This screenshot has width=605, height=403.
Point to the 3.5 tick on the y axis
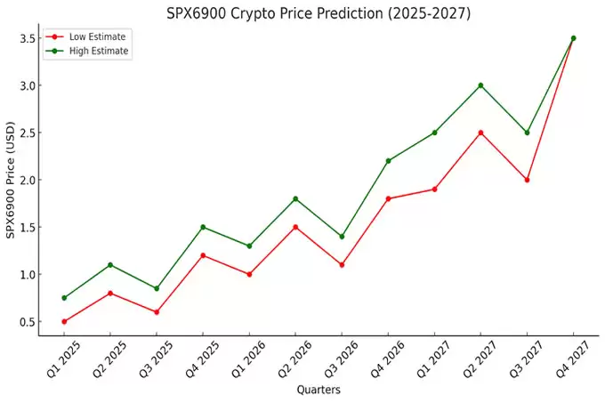click(25, 38)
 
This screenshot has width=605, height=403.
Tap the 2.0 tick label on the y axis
click(25, 180)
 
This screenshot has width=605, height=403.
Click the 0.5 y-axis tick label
click(25, 321)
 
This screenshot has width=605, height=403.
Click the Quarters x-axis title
click(318, 389)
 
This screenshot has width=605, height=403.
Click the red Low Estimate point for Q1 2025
click(64, 321)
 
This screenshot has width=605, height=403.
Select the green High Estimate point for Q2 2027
click(480, 85)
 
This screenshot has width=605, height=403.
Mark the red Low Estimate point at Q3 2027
click(527, 180)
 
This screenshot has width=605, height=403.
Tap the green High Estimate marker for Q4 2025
click(203, 227)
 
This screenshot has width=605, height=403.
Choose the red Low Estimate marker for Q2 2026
click(295, 227)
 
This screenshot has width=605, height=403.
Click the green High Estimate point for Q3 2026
click(342, 237)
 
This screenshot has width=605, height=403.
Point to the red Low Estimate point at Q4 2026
click(388, 198)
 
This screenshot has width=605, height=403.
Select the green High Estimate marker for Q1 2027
click(434, 133)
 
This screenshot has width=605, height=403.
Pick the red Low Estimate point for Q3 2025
click(157, 311)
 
